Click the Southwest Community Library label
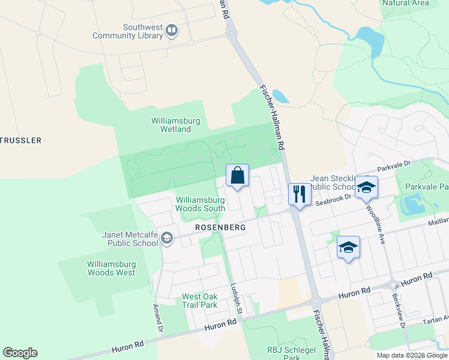pyautogui.click(x=128, y=31)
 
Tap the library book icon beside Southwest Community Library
pyautogui.click(x=172, y=30)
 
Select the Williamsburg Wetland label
pyautogui.click(x=176, y=125)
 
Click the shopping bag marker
pyautogui.click(x=237, y=176)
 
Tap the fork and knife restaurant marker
pyautogui.click(x=298, y=194)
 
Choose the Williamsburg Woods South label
pyautogui.click(x=200, y=204)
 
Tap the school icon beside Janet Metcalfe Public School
pyautogui.click(x=166, y=239)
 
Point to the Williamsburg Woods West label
pyautogui.click(x=111, y=268)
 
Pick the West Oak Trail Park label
pyautogui.click(x=200, y=301)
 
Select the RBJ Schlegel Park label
pyautogui.click(x=283, y=353)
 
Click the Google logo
pyautogui.click(x=20, y=353)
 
